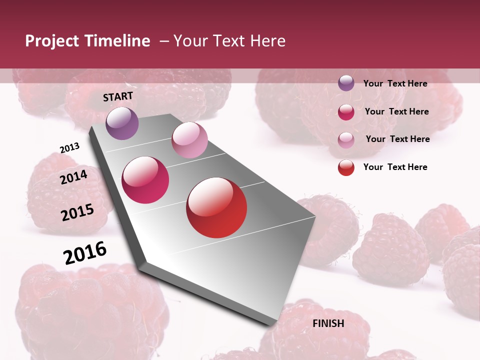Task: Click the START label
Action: coord(118,96)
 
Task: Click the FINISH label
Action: coord(328,323)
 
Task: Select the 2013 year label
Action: coord(69,148)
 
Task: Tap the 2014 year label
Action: coord(73,177)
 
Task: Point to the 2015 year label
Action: coord(77,212)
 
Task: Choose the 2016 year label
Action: coord(85,253)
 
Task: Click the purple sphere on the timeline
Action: coord(122,123)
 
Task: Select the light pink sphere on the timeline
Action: coord(189,140)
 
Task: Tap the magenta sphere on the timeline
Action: coord(145,180)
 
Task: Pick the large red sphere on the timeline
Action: coord(216,207)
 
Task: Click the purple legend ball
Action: coord(346,83)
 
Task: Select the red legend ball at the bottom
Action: coord(346,167)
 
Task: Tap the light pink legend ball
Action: coord(346,139)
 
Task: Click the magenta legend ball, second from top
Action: coord(346,112)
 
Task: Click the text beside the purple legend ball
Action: coord(395,83)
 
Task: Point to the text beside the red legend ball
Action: coord(395,167)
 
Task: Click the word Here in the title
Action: coord(267,41)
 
